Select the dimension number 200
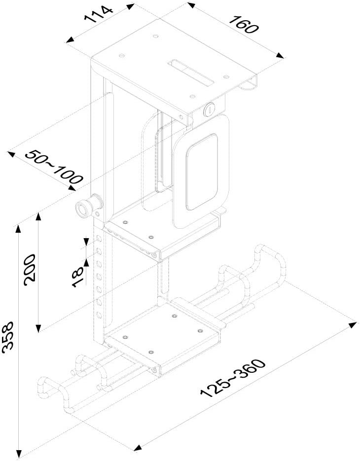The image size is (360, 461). pyautogui.click(x=29, y=269)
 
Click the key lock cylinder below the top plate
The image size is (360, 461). pyautogui.click(x=210, y=109)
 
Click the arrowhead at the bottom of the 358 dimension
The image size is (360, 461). pyautogui.click(x=19, y=453)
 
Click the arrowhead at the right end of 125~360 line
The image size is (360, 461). pyautogui.click(x=353, y=324)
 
